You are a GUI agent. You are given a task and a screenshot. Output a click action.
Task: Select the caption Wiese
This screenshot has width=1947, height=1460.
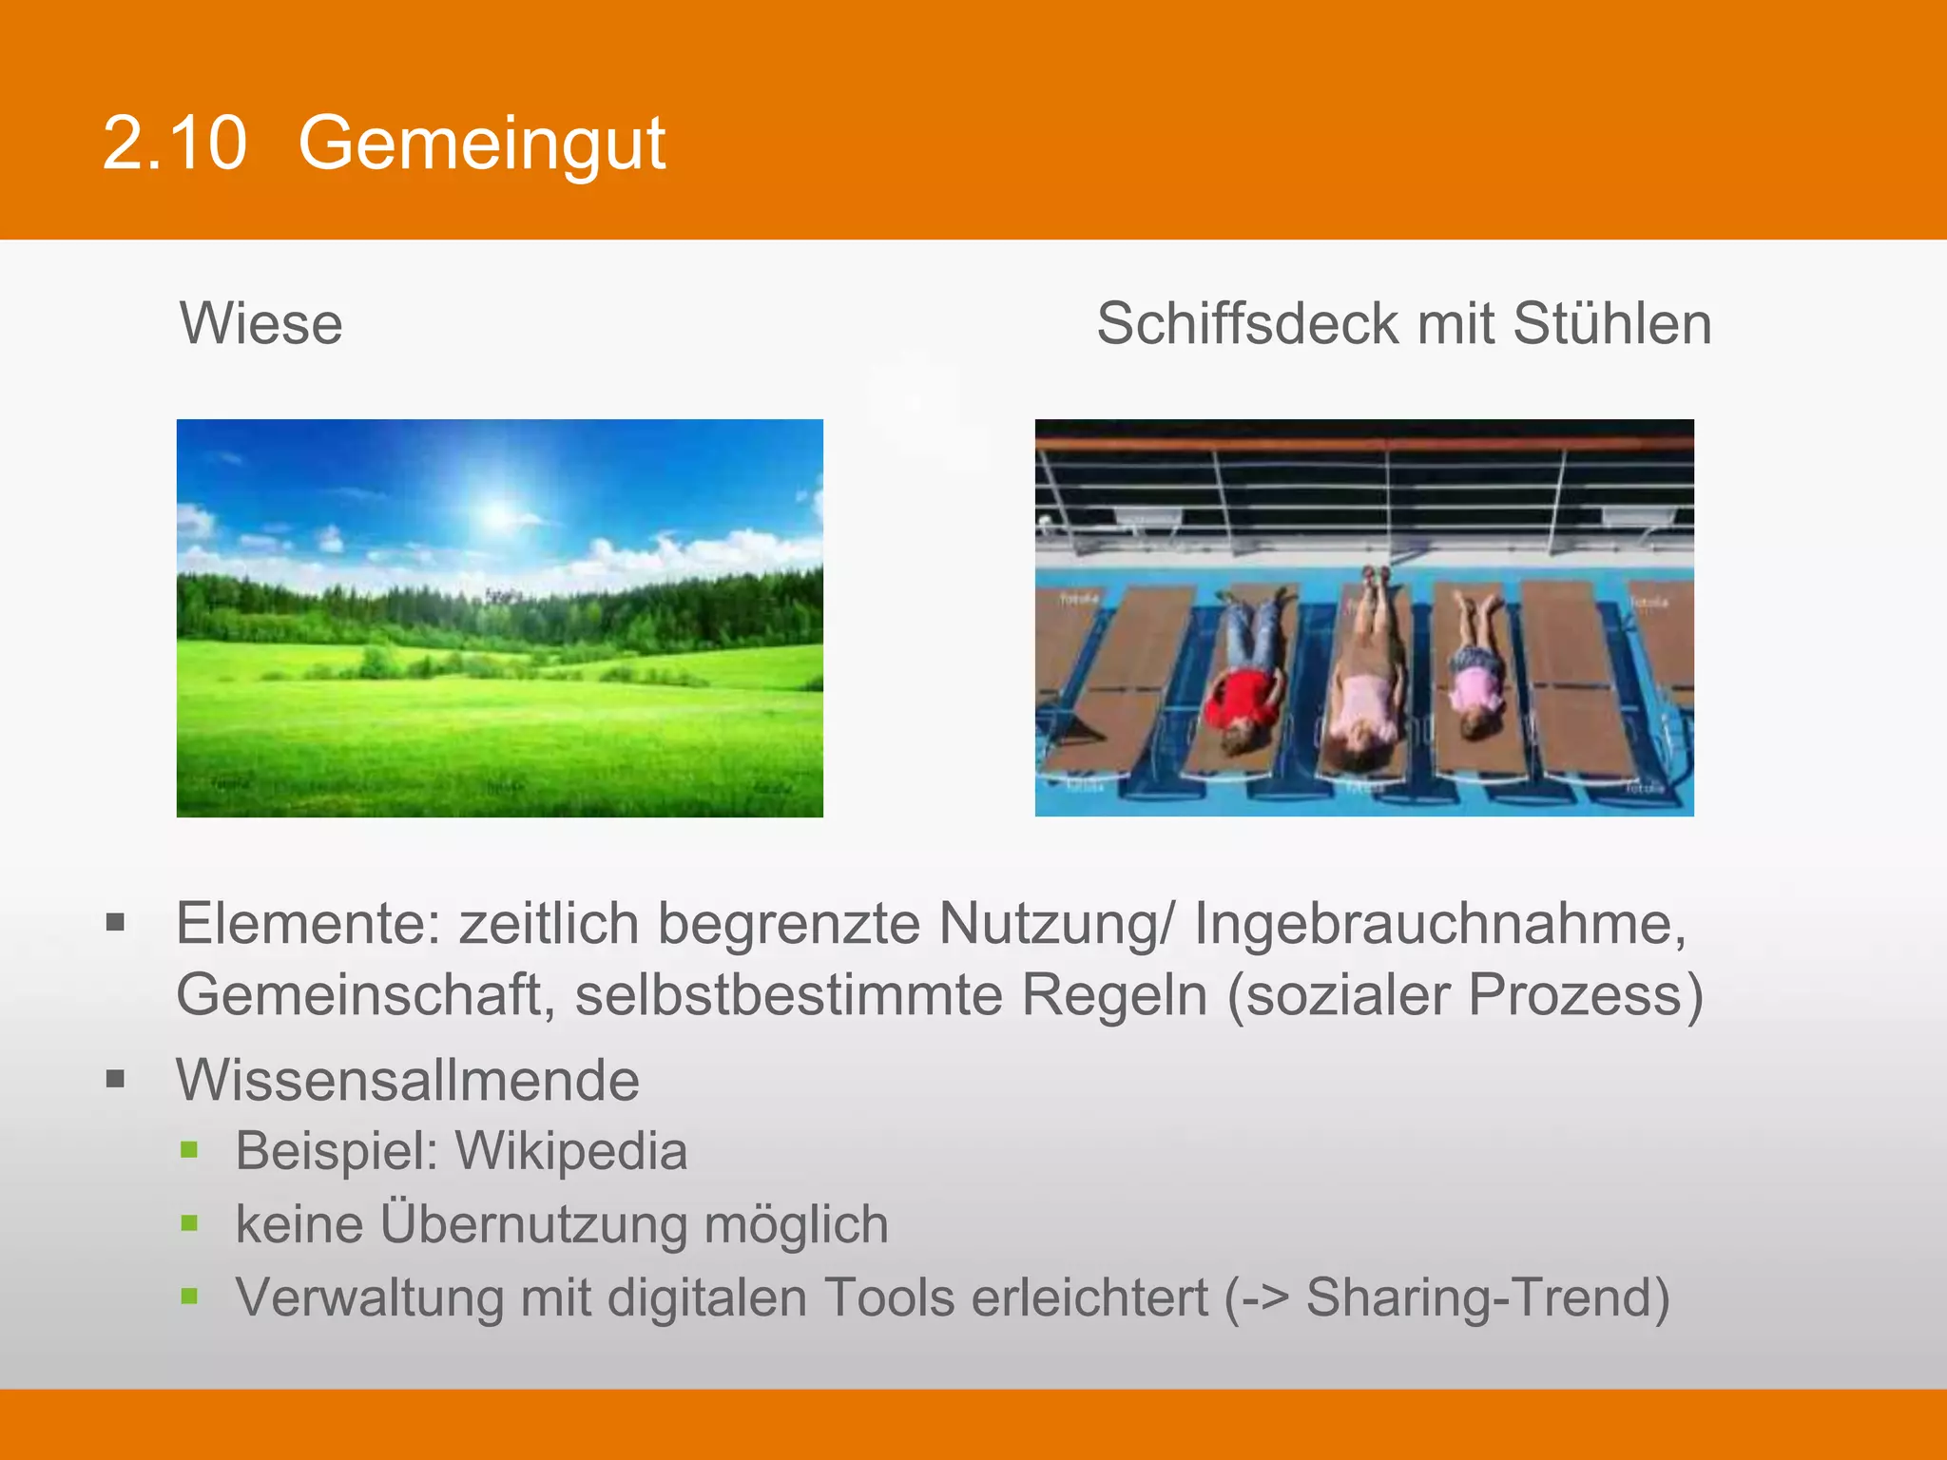point(261,323)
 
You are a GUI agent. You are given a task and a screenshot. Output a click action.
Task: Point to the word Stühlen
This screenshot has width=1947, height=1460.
point(1612,323)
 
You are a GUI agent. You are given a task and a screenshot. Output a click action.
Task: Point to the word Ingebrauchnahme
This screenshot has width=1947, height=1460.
point(1439,924)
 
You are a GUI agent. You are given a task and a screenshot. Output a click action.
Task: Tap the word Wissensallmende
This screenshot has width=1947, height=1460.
point(408,1081)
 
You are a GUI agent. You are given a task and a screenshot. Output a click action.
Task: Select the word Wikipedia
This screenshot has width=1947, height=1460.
point(571,1151)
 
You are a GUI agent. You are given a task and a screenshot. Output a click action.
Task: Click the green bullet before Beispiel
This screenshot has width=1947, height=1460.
point(189,1150)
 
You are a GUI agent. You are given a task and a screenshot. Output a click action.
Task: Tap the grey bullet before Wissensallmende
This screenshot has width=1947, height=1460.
point(116,1079)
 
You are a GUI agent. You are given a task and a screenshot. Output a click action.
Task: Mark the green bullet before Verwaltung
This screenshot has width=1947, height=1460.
point(189,1296)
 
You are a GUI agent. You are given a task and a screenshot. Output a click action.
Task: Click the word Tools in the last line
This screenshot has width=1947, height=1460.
point(889,1297)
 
